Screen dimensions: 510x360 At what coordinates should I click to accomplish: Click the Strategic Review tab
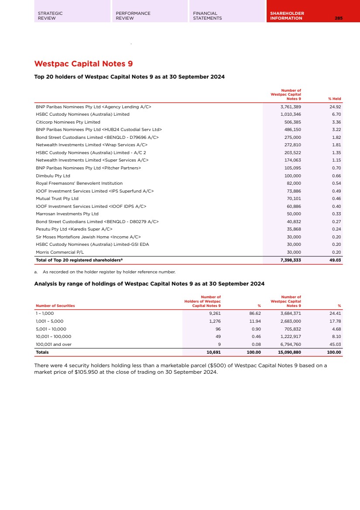click(x=50, y=16)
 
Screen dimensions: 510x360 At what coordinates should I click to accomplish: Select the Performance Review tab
click(x=133, y=16)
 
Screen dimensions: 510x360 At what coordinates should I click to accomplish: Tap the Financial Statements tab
click(x=207, y=16)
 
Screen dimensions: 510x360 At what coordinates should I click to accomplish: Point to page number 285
click(x=339, y=18)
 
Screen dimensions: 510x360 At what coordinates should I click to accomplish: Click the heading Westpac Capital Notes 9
click(x=83, y=64)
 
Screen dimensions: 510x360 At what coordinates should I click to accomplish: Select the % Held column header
click(x=334, y=99)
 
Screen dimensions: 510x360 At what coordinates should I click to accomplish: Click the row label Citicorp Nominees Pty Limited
click(x=68, y=122)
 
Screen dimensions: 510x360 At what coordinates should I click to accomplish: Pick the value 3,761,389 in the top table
click(x=290, y=107)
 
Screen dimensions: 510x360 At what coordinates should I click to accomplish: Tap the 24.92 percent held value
click(x=335, y=107)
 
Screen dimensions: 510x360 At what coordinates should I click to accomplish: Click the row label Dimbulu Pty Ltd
click(x=53, y=176)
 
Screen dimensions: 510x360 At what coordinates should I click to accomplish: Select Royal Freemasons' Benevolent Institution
click(x=79, y=183)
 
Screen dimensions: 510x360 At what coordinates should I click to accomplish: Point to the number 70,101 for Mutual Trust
click(x=292, y=199)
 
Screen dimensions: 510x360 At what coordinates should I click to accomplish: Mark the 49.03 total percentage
click(x=335, y=260)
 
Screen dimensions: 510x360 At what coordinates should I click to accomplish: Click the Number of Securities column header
click(x=55, y=306)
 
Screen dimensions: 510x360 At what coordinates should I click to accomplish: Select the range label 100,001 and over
click(x=54, y=344)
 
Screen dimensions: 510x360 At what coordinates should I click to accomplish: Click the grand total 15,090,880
click(x=289, y=352)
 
